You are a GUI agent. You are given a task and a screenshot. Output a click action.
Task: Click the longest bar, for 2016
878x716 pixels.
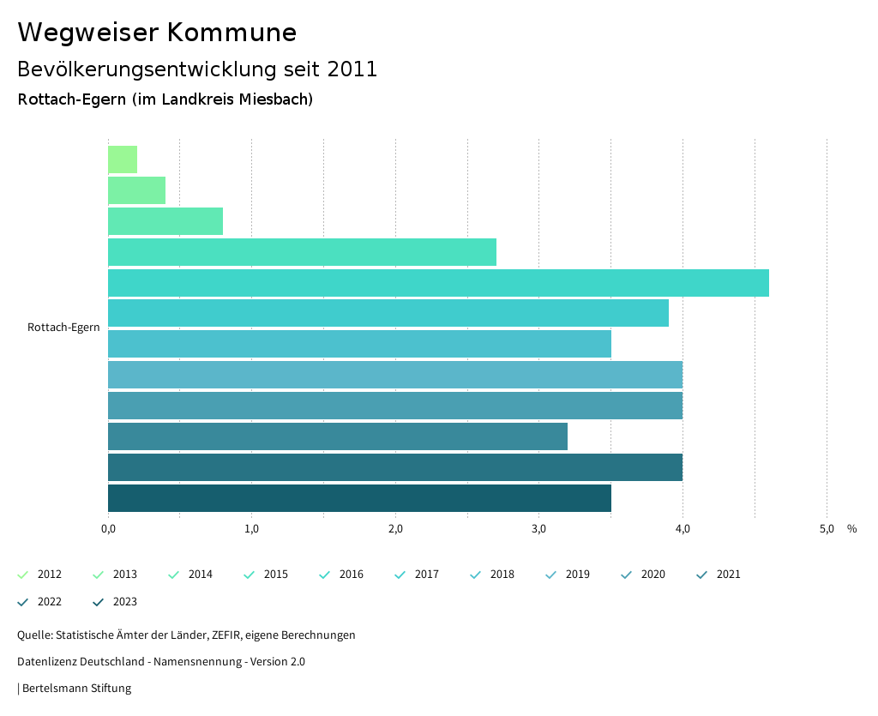pyautogui.click(x=438, y=283)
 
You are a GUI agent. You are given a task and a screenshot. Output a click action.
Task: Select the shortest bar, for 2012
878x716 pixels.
pyautogui.click(x=123, y=159)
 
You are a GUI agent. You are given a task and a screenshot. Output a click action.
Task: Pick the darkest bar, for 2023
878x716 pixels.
pyautogui.click(x=359, y=498)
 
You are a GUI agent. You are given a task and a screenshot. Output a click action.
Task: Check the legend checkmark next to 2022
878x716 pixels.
pyautogui.click(x=23, y=602)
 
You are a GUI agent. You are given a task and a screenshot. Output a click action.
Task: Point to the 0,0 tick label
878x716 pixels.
pyautogui.click(x=108, y=529)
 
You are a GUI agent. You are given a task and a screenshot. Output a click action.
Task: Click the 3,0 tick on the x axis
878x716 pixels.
pyautogui.click(x=539, y=529)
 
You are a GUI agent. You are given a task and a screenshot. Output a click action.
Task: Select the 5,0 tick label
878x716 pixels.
pyautogui.click(x=827, y=529)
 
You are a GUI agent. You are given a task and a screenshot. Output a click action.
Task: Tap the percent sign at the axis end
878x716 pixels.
pyautogui.click(x=851, y=529)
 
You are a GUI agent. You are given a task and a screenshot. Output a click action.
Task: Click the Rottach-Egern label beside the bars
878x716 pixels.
pyautogui.click(x=63, y=328)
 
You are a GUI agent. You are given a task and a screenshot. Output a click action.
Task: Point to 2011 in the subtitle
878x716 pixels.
pyautogui.click(x=352, y=69)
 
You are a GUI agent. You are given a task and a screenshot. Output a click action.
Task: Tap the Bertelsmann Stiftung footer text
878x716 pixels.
pyautogui.click(x=76, y=688)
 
